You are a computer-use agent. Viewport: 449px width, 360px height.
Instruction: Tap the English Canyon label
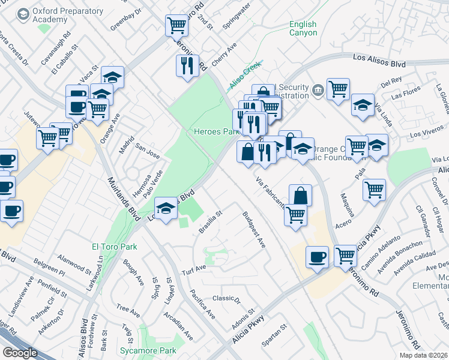[x=303, y=28]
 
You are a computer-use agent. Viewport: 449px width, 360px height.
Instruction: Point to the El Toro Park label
[x=114, y=247]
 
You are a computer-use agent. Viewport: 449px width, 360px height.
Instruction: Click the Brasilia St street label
[x=211, y=222]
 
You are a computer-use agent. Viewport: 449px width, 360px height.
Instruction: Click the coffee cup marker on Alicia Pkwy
[x=318, y=257]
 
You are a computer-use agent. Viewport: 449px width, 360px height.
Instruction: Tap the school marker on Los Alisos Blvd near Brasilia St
[x=166, y=208]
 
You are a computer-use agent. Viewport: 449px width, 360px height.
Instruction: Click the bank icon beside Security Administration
[x=318, y=92]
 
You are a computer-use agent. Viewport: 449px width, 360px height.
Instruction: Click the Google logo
[x=20, y=353]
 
